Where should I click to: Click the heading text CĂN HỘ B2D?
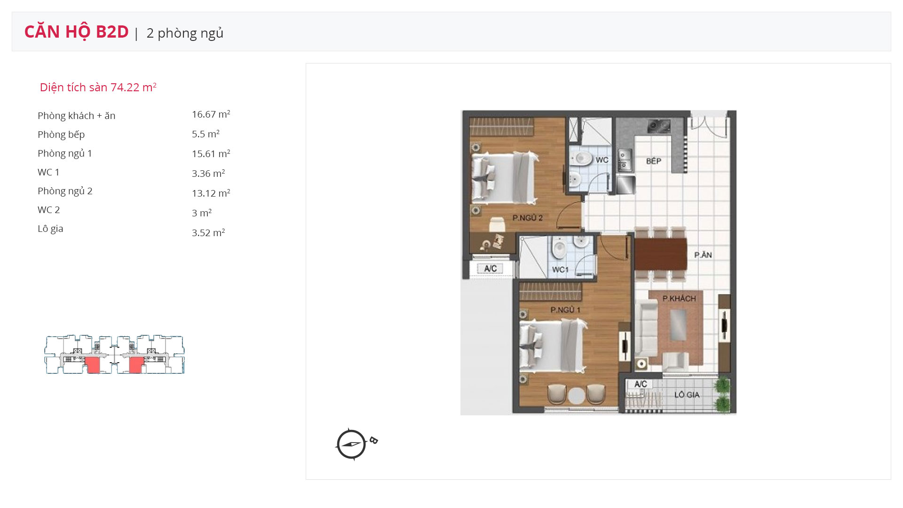[x=76, y=32]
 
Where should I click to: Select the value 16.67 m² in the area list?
[x=211, y=114]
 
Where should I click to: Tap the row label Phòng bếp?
[x=61, y=135]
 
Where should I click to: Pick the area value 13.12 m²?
[x=211, y=193]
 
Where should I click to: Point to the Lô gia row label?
[x=50, y=229]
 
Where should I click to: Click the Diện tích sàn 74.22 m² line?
[x=98, y=87]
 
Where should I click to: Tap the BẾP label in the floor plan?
[x=654, y=161]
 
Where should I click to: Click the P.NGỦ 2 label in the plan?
[x=528, y=218]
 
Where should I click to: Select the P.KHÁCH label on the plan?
[x=679, y=298]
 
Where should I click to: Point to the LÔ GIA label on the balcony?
[x=687, y=395]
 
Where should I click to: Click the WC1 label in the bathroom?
[x=560, y=270]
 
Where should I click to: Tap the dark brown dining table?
[x=661, y=254]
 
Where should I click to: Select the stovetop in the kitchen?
[x=659, y=126]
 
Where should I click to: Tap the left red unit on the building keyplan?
[x=93, y=365]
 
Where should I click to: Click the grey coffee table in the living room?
[x=678, y=325]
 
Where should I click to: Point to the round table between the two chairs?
[x=577, y=396]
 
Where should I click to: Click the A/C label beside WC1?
[x=490, y=269]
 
